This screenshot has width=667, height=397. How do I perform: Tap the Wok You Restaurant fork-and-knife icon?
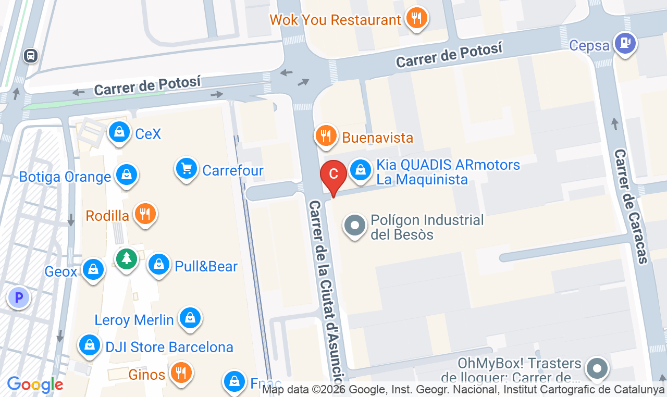(x=416, y=19)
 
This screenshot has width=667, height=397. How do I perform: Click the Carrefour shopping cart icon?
(x=186, y=168)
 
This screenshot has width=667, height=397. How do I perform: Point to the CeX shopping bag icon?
(x=119, y=132)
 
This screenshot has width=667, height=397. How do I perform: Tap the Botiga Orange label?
(x=65, y=177)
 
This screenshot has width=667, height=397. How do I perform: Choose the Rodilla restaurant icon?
(x=145, y=213)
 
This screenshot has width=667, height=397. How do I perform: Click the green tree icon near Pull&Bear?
(x=126, y=257)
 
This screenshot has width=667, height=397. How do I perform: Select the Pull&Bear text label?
(x=206, y=266)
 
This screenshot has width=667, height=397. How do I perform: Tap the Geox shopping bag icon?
(x=93, y=269)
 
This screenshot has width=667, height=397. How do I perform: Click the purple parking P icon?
(x=19, y=298)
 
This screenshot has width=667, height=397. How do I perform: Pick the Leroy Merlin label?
(x=134, y=319)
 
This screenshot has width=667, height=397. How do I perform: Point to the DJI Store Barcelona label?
(x=169, y=346)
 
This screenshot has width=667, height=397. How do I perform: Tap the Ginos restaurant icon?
(x=181, y=373)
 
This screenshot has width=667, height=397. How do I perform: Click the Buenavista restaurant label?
(x=377, y=138)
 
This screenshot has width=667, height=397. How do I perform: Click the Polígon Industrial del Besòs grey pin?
(x=355, y=226)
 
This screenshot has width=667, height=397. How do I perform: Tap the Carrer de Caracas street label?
(x=631, y=206)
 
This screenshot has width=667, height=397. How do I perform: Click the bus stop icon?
(x=31, y=55)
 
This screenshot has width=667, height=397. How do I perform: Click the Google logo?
(x=35, y=385)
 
